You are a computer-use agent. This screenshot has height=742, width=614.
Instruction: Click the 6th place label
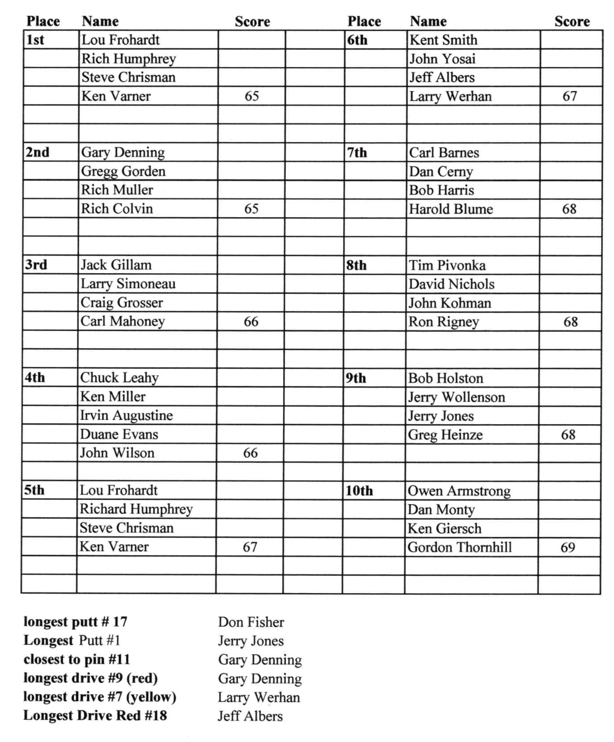coord(358,40)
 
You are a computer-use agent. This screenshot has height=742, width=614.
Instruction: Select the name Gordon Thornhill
coord(460,548)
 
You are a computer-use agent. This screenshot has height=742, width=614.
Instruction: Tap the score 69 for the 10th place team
coord(567,548)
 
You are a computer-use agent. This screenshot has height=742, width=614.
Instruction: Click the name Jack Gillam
coord(116,265)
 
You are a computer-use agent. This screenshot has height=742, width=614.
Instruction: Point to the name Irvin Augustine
coord(126,415)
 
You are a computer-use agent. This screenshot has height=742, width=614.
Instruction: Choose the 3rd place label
coord(36,265)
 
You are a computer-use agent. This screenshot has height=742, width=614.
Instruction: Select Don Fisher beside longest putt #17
coord(251,622)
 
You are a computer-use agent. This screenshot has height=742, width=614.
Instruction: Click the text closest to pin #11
coord(77,660)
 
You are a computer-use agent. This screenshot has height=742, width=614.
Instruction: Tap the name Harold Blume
coord(451,209)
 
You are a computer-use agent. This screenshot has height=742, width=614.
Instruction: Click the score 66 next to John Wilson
coord(250,453)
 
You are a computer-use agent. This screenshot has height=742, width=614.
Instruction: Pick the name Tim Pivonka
coord(447,265)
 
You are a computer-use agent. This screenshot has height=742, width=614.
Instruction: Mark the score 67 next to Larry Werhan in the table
coord(570,96)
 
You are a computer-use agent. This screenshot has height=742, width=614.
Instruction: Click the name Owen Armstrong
coord(459,491)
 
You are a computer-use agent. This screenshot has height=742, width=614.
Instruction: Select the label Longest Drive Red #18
coord(95,716)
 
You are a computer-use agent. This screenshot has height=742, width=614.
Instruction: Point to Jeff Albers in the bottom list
coord(250,716)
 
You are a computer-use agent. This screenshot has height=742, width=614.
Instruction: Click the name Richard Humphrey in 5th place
coord(136,509)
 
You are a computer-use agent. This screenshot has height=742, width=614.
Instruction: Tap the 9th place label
coord(356,378)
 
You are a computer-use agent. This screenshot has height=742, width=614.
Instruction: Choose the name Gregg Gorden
coord(123,171)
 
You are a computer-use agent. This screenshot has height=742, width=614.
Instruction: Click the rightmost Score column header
coord(572,22)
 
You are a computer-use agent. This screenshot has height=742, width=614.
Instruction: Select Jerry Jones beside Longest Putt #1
coord(250,641)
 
